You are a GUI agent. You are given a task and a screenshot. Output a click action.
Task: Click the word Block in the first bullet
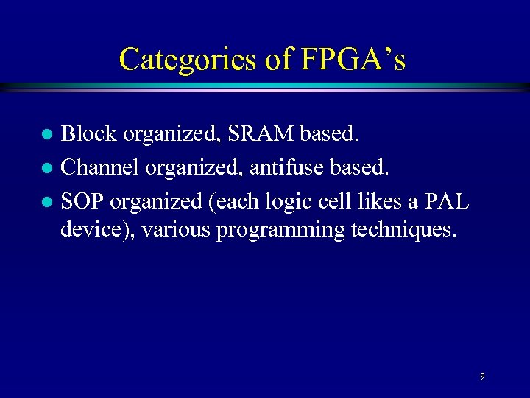tap(88, 133)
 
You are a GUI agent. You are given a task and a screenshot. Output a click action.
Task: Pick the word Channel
tap(100, 167)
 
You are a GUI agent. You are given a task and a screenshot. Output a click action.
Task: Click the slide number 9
tap(482, 377)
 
